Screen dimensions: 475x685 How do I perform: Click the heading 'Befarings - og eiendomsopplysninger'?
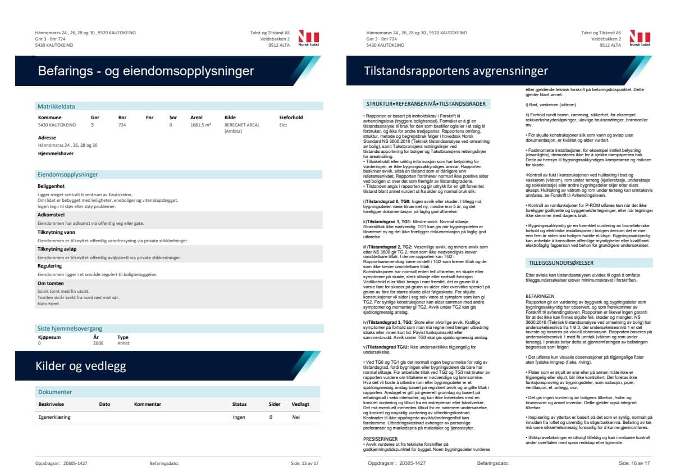tap(146, 71)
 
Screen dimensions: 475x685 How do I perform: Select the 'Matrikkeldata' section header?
tap(56, 106)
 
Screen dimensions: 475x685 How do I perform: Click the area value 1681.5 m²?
tap(200, 125)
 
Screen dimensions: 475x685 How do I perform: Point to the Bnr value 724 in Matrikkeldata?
tap(122, 125)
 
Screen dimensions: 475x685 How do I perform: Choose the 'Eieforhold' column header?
tap(291, 117)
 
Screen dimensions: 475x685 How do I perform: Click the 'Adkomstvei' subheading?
tap(51, 215)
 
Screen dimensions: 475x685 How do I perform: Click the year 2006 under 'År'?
tap(98, 342)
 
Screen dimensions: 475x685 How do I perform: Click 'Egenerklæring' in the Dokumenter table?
tap(54, 417)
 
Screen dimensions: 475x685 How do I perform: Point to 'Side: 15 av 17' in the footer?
tap(304, 463)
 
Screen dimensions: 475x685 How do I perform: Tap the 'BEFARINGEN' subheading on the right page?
tap(540, 295)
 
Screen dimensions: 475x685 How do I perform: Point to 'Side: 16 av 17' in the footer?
tap(634, 463)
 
